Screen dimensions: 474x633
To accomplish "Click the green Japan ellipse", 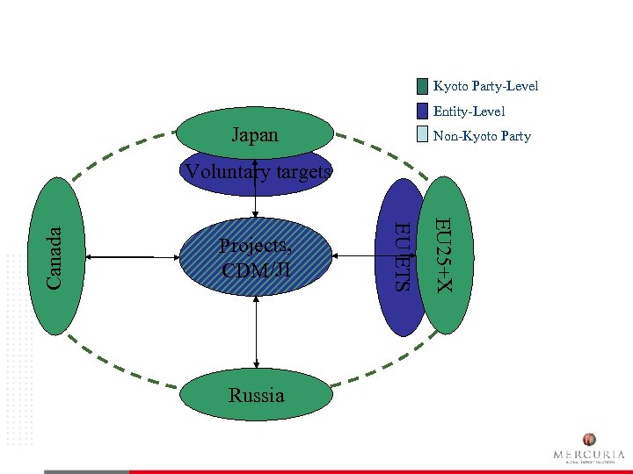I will [255, 133].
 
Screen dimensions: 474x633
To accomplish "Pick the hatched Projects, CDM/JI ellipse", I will [256, 256].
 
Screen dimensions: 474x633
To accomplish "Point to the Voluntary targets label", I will [257, 172].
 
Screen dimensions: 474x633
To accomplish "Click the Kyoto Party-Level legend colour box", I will [422, 86].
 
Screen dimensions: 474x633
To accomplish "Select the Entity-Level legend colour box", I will [422, 111].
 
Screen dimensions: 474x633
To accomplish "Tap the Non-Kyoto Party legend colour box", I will [422, 135].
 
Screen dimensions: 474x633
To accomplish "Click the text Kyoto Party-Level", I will [485, 86].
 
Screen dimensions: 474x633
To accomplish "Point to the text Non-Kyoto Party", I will [482, 136].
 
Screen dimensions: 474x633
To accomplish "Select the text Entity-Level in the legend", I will [469, 111].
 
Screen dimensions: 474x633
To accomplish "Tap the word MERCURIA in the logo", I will [589, 455].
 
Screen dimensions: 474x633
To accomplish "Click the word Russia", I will [257, 395].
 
